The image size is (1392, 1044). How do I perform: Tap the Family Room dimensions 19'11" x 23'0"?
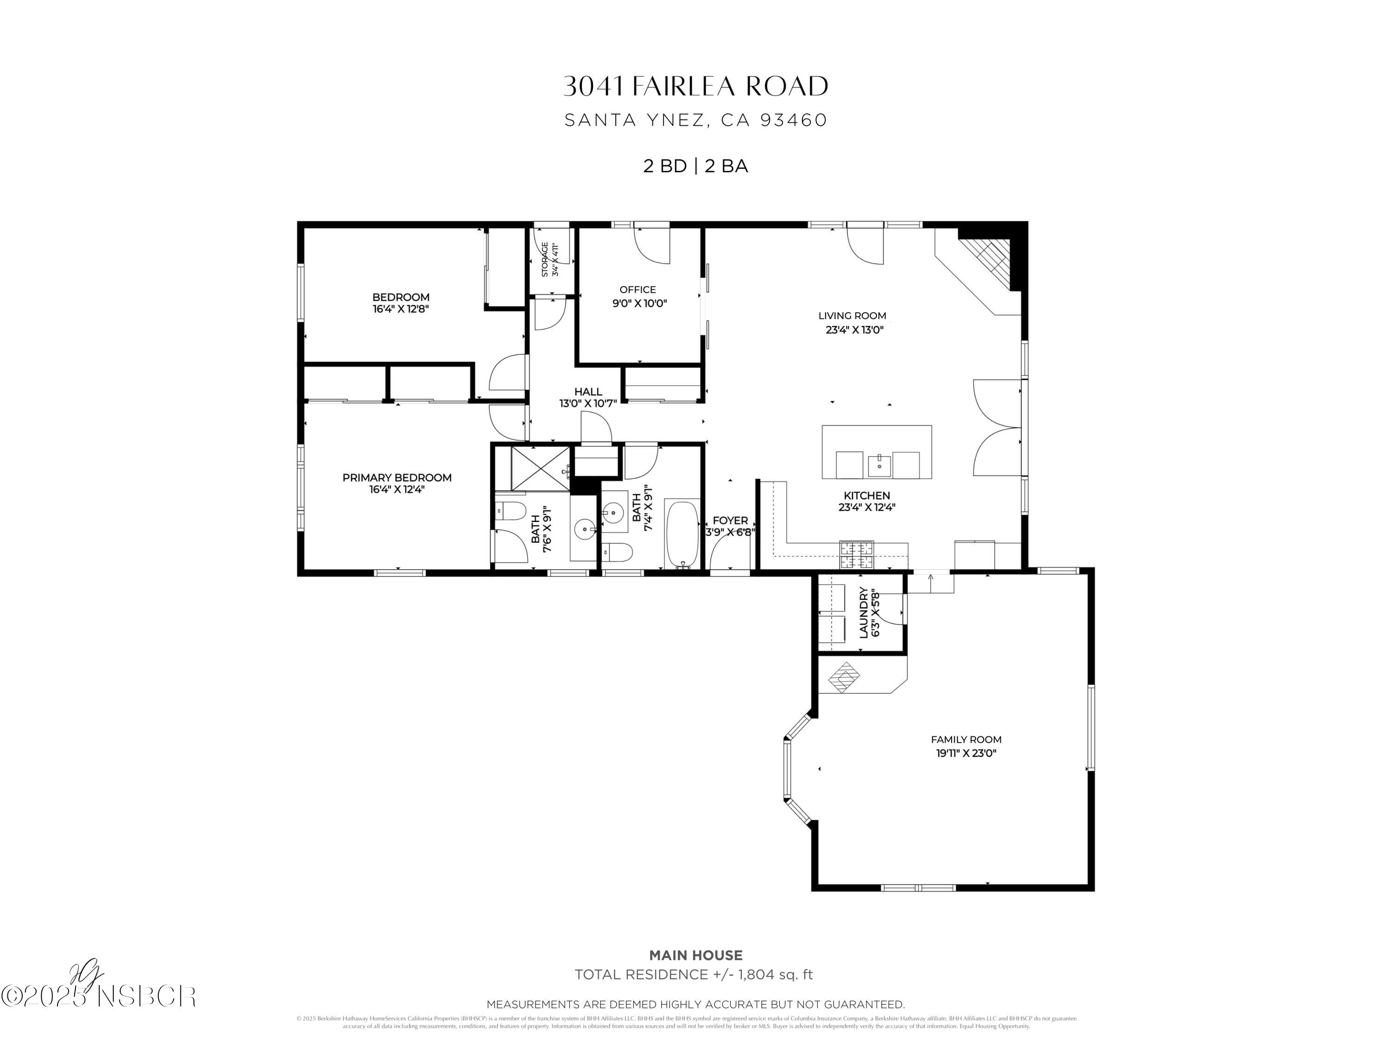point(966,753)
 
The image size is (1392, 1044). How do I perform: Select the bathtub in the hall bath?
point(682,534)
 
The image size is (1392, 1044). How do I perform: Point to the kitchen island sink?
point(878,466)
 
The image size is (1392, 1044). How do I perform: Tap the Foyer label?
point(730,521)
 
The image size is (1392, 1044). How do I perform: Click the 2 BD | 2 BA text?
point(696,166)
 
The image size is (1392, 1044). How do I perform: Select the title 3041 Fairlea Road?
point(696,87)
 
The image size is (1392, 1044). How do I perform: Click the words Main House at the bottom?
point(696,955)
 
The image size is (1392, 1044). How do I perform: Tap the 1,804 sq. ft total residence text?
point(775,975)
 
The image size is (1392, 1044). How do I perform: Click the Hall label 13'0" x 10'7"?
point(588,397)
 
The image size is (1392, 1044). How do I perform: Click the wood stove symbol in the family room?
point(843,677)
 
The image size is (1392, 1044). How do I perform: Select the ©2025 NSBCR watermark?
point(99,996)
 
